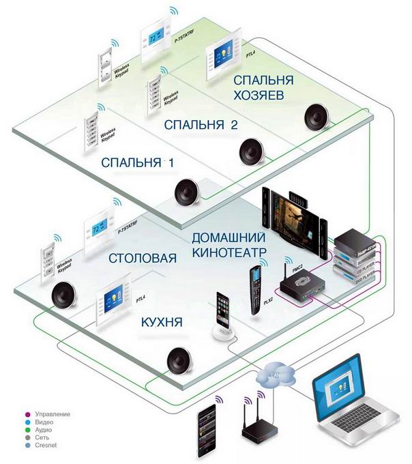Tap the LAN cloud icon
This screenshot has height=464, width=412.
pyautogui.click(x=276, y=374)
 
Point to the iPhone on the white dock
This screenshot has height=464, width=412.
pyautogui.click(x=224, y=315)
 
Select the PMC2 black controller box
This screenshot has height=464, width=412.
pyautogui.click(x=302, y=287)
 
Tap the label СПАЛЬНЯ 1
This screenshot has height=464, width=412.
pyautogui.click(x=138, y=164)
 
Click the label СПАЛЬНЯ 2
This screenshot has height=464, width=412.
pyautogui.click(x=201, y=126)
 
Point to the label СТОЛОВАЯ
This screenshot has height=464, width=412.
pyautogui.click(x=143, y=259)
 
